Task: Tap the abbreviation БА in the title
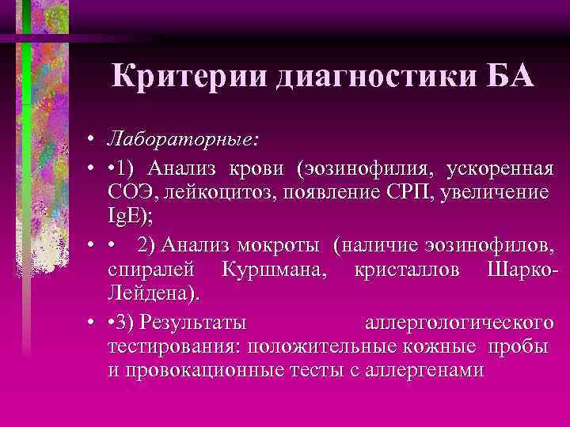point(507,77)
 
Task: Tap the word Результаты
point(192,323)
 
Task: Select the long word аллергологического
point(458,323)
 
